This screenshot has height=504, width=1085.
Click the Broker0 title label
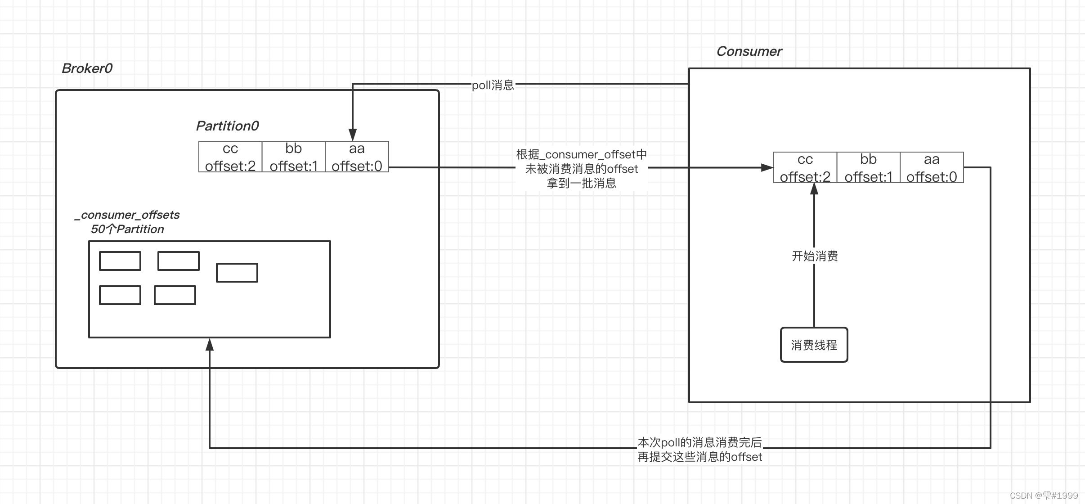(87, 68)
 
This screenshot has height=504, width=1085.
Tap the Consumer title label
(749, 51)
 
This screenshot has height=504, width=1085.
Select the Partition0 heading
(227, 126)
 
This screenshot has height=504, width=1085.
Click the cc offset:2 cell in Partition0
(230, 157)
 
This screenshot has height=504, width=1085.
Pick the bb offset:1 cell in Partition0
(294, 157)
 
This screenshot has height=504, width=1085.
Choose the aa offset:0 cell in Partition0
(357, 157)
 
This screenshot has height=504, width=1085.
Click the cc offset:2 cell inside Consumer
(805, 168)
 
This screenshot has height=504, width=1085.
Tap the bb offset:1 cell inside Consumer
(869, 168)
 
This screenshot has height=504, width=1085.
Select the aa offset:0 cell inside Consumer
(932, 168)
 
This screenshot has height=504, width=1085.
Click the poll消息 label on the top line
(493, 85)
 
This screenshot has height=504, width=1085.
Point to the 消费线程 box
(814, 345)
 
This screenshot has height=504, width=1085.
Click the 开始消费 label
(815, 256)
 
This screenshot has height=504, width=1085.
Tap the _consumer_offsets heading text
(127, 215)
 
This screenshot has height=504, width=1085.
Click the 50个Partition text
(127, 229)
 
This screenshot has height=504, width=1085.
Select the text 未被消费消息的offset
(581, 169)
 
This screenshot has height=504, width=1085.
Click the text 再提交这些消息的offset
(699, 457)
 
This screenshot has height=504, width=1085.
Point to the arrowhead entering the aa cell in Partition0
(353, 135)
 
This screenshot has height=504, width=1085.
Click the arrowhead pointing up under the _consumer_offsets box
(210, 345)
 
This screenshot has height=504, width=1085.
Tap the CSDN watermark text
(1043, 495)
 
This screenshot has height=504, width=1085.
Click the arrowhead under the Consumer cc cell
(814, 189)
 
